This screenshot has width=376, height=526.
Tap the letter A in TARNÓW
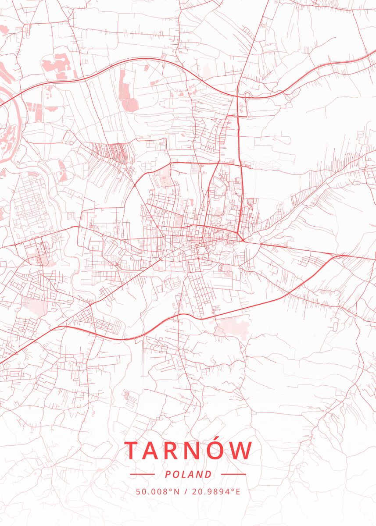(155, 450)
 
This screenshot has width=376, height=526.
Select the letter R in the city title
(178, 450)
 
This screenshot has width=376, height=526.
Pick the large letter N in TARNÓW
(200, 450)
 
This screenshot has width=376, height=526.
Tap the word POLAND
(188, 474)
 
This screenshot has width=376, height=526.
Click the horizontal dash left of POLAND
(142, 474)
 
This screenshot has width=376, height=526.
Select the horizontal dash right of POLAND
(233, 474)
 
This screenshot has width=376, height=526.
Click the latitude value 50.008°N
(158, 491)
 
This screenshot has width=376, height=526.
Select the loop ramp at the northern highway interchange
(245, 96)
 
